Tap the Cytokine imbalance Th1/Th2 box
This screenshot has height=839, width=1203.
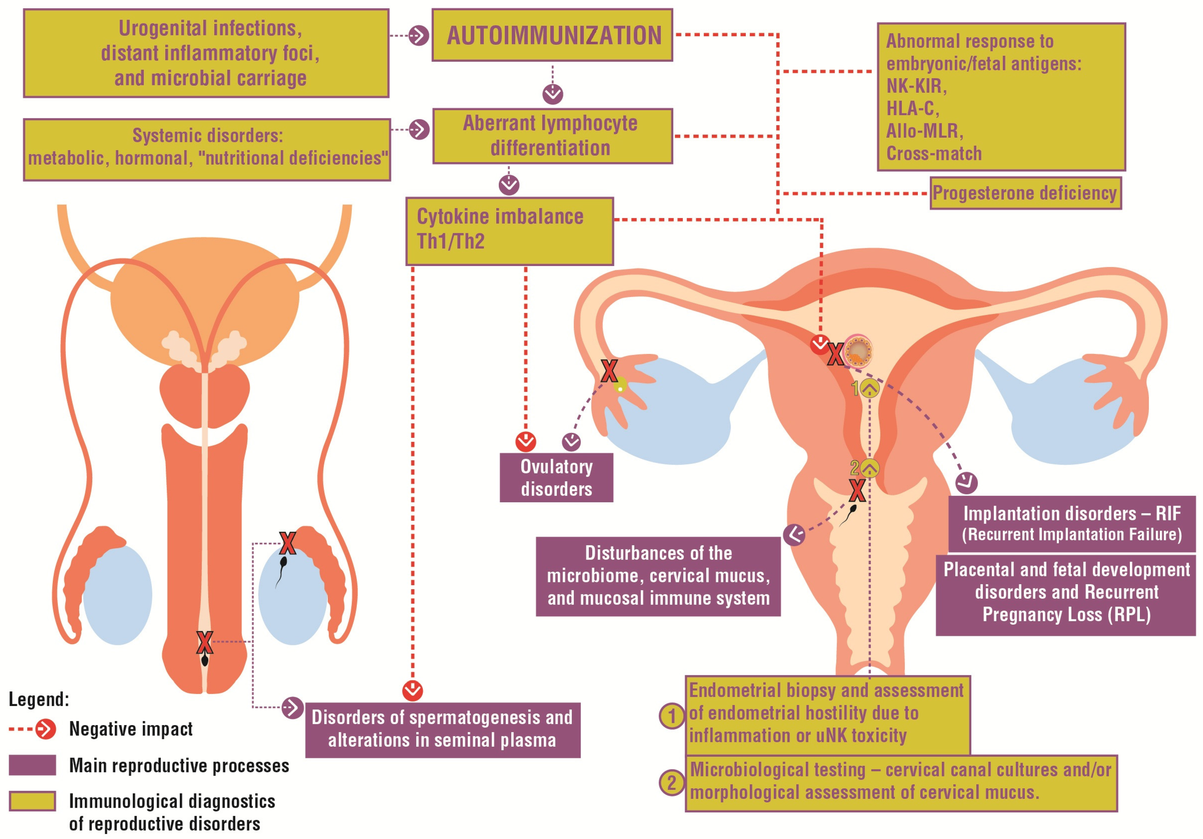coord(509,231)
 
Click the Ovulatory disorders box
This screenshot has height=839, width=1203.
coord(556,477)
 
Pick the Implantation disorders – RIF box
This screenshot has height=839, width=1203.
coord(1071,523)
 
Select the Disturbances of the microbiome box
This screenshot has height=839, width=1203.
coord(658,576)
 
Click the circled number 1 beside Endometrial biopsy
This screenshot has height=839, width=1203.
coord(671,716)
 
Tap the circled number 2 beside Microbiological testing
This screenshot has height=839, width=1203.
coord(671,783)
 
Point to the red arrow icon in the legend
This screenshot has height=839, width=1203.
coord(46,729)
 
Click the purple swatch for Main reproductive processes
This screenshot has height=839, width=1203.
coord(33,765)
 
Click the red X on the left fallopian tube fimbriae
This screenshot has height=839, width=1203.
coord(609,371)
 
